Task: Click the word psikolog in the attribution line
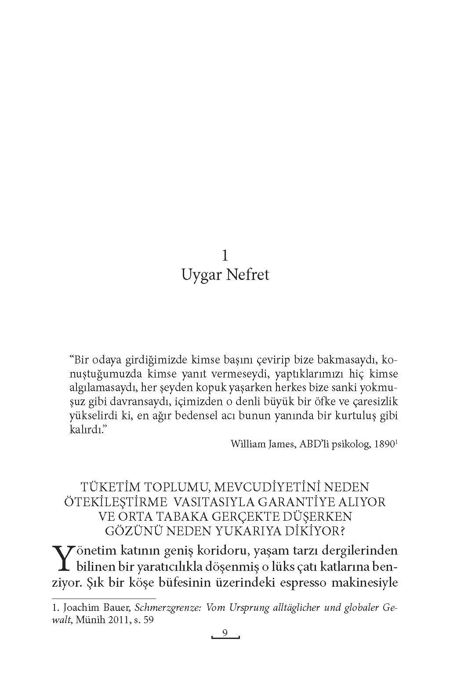tap(350, 444)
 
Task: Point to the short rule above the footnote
tap(104, 599)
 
